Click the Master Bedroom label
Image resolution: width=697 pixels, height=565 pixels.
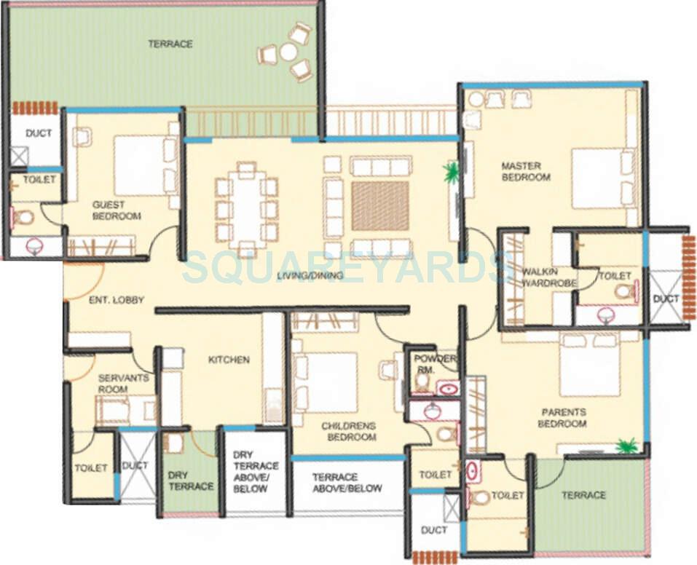(x=526, y=172)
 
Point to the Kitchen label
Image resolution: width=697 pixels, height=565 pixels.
(x=229, y=360)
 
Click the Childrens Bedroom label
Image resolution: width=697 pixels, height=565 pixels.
(x=351, y=430)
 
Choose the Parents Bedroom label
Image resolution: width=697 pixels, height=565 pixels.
(x=563, y=418)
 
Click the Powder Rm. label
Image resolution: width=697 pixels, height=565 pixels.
(x=434, y=364)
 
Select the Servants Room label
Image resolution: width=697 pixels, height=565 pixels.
(x=123, y=383)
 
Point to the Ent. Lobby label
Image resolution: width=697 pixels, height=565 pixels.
(x=117, y=300)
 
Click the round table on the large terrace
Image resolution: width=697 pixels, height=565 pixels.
(x=288, y=52)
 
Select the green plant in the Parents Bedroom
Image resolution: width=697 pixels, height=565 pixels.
(x=626, y=445)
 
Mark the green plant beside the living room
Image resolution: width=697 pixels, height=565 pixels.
(x=452, y=173)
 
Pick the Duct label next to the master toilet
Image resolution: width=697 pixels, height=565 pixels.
(x=666, y=299)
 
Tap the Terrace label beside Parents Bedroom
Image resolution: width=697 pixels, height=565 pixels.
(x=583, y=495)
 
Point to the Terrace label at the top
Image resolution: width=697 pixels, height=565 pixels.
(x=170, y=44)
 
